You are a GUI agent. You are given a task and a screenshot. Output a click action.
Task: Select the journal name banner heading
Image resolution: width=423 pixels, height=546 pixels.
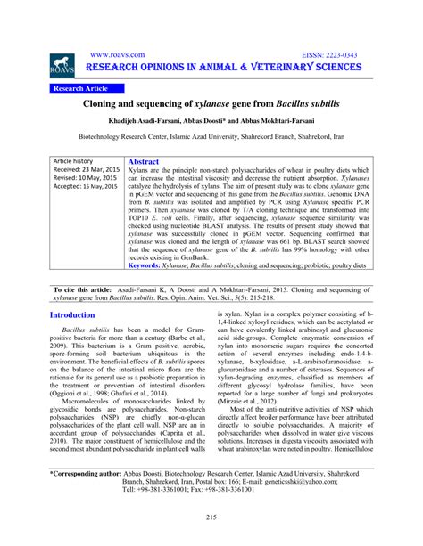tap(222, 69)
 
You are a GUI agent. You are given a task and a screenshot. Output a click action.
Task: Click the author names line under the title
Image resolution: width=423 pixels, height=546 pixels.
tap(211, 123)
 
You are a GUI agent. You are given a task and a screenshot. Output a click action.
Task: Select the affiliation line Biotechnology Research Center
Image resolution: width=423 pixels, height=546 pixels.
tap(211, 139)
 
